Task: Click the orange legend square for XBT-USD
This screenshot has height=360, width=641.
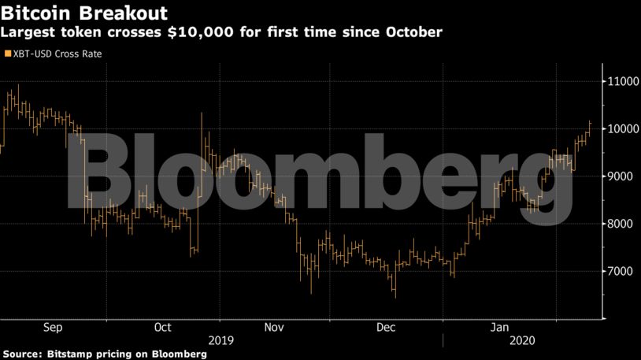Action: tap(7, 54)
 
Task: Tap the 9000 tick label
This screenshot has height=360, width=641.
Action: tap(620, 176)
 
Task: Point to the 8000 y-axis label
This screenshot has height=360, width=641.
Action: tap(620, 225)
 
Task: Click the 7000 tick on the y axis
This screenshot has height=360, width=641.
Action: tap(620, 272)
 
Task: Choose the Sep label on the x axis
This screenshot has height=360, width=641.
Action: tap(54, 327)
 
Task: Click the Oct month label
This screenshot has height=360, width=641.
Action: tap(163, 327)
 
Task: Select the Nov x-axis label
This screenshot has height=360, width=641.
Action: tap(274, 327)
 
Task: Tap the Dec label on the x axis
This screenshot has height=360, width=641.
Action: tap(386, 327)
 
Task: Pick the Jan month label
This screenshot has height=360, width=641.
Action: tap(499, 327)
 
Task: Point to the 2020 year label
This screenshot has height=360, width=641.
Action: tap(522, 341)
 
